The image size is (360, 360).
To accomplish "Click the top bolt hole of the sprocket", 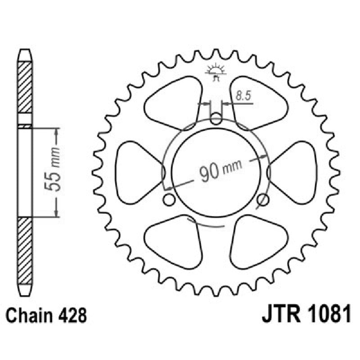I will pyautogui.click(x=216, y=120).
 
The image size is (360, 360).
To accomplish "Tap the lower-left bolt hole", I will pyautogui.click(x=169, y=199).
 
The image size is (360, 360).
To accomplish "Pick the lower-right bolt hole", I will pyautogui.click(x=264, y=199).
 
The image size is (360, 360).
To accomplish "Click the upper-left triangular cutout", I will pyautogui.click(x=175, y=103).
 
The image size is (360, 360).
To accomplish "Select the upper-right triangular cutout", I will pyautogui.click(x=258, y=103).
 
